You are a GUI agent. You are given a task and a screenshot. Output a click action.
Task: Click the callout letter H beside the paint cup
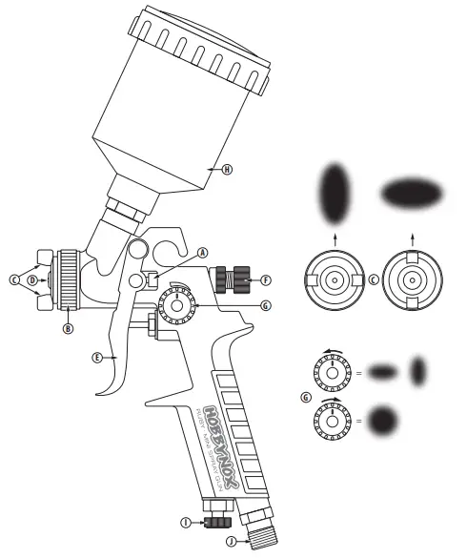227,169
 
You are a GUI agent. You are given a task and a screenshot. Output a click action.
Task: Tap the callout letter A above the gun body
202,253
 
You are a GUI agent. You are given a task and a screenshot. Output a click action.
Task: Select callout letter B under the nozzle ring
68,329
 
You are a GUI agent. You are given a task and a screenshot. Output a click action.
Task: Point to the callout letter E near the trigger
97,359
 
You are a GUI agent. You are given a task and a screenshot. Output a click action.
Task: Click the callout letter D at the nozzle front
32,280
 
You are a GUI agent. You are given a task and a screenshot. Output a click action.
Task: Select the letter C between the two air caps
373,279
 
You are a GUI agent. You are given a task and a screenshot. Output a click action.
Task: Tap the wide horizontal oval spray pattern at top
412,193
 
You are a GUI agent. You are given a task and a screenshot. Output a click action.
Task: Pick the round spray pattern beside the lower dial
385,419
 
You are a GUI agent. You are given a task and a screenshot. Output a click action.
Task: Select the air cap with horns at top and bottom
412,280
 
